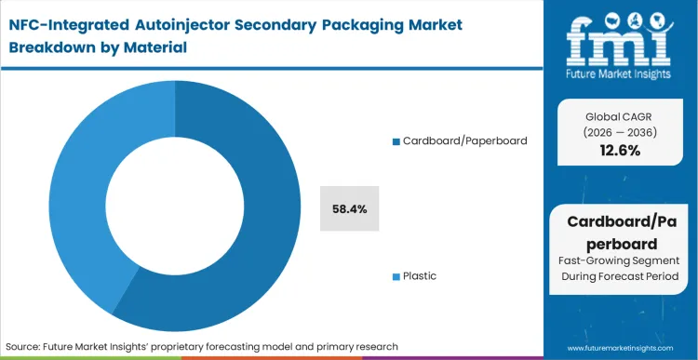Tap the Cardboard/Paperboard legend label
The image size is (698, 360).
pyautogui.click(x=464, y=140)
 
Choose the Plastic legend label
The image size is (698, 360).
pyautogui.click(x=419, y=276)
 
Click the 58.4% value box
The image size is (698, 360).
pyautogui.click(x=349, y=208)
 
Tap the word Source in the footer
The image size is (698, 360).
pyautogui.click(x=29, y=345)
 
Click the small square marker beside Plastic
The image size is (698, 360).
pyautogui.click(x=396, y=277)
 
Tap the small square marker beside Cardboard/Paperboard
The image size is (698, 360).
pyautogui.click(x=396, y=141)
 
